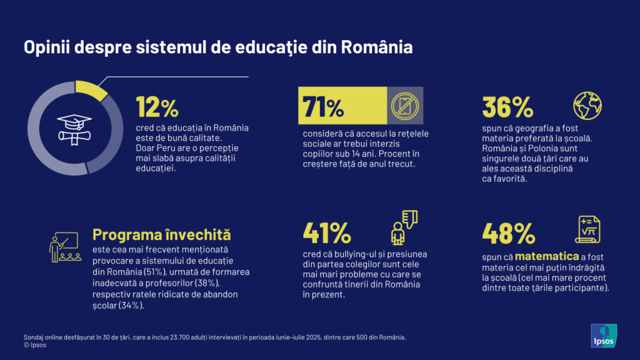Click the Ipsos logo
coord(604,335)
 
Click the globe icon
coord(587,105)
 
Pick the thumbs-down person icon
coord(403,226)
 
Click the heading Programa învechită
coord(161,235)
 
